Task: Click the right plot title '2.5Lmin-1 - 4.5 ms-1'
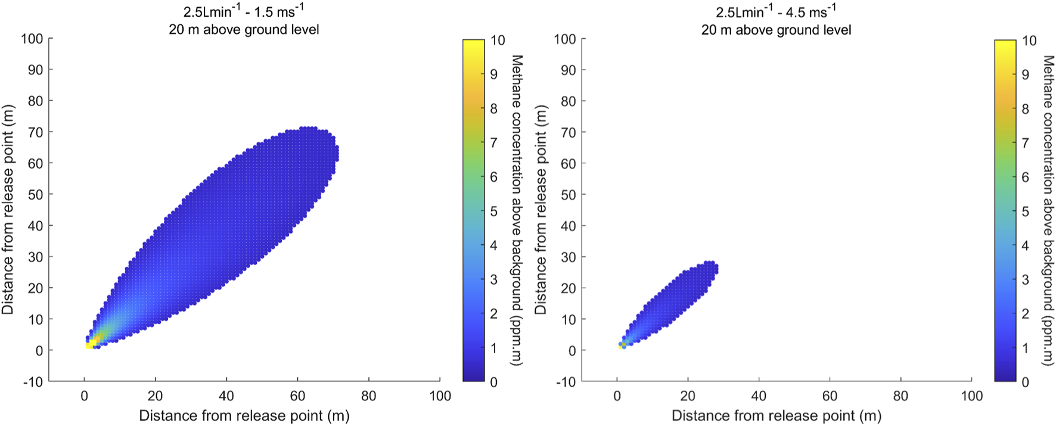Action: pyautogui.click(x=776, y=12)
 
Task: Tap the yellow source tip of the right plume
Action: pyautogui.click(x=622, y=344)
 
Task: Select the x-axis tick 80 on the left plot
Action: pyautogui.click(x=369, y=396)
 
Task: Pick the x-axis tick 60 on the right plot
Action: pyautogui.click(x=830, y=396)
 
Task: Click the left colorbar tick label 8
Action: pyautogui.click(x=493, y=108)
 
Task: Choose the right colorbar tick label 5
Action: pyautogui.click(x=1025, y=212)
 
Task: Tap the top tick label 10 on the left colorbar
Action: pyautogui.click(x=497, y=40)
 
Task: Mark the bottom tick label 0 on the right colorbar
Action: pyautogui.click(x=1025, y=382)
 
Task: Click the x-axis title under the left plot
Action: pyautogui.click(x=244, y=416)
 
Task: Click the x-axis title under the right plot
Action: pyautogui.click(x=776, y=416)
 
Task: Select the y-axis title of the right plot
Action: pyautogui.click(x=541, y=210)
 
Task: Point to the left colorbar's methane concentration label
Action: pyautogui.click(x=516, y=210)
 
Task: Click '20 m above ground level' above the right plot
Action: pyautogui.click(x=776, y=30)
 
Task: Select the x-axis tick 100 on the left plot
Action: pyautogui.click(x=440, y=396)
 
